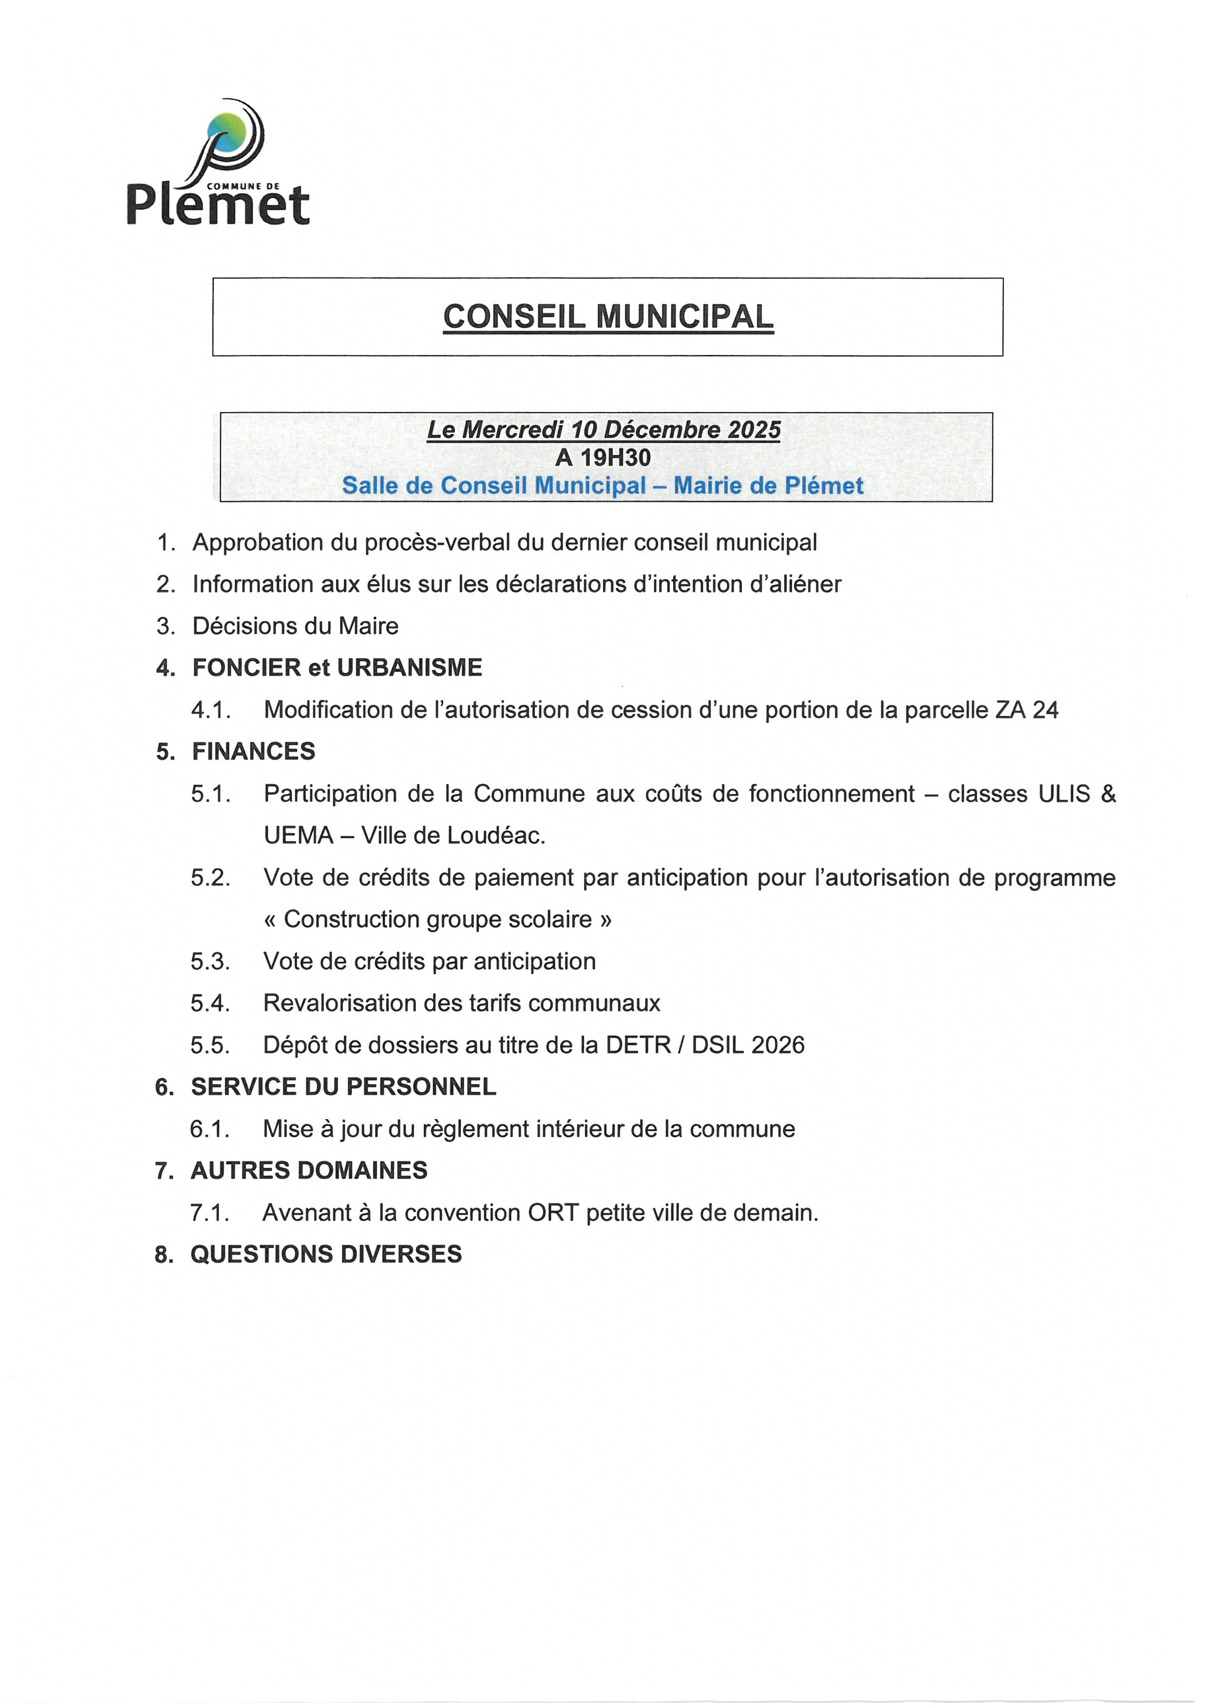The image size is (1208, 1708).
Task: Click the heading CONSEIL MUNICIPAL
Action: pyautogui.click(x=608, y=317)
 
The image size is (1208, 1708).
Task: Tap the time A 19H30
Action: pyautogui.click(x=603, y=457)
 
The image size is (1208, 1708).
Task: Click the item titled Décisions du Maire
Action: pyautogui.click(x=295, y=626)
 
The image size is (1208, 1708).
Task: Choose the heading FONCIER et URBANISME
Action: pyautogui.click(x=337, y=667)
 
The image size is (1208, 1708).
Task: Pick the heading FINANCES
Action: pyautogui.click(x=254, y=751)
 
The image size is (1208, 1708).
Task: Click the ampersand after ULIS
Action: pyautogui.click(x=1108, y=794)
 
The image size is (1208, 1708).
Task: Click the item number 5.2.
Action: pyautogui.click(x=210, y=878)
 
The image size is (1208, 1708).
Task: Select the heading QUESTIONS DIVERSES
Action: pyautogui.click(x=326, y=1254)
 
